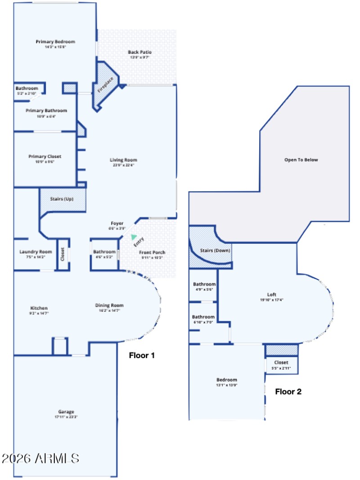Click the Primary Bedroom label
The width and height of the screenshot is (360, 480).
point(55,42)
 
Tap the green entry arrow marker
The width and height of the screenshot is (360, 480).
point(133,237)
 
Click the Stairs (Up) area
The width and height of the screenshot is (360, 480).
point(62,199)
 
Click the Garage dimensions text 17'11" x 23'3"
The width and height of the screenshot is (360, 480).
point(66,417)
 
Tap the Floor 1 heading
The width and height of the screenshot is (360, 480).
point(142,355)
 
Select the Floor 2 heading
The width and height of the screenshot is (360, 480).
point(288,391)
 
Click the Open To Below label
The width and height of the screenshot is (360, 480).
point(301,160)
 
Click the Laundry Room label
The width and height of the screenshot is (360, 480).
point(36,252)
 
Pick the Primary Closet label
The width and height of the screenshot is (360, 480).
point(45,157)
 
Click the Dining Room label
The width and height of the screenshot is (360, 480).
point(106,306)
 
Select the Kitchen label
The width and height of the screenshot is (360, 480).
point(40,308)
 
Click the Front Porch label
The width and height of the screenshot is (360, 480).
point(152,252)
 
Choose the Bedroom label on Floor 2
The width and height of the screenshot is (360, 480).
point(226,380)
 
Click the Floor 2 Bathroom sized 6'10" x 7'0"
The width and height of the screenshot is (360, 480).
point(203,317)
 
